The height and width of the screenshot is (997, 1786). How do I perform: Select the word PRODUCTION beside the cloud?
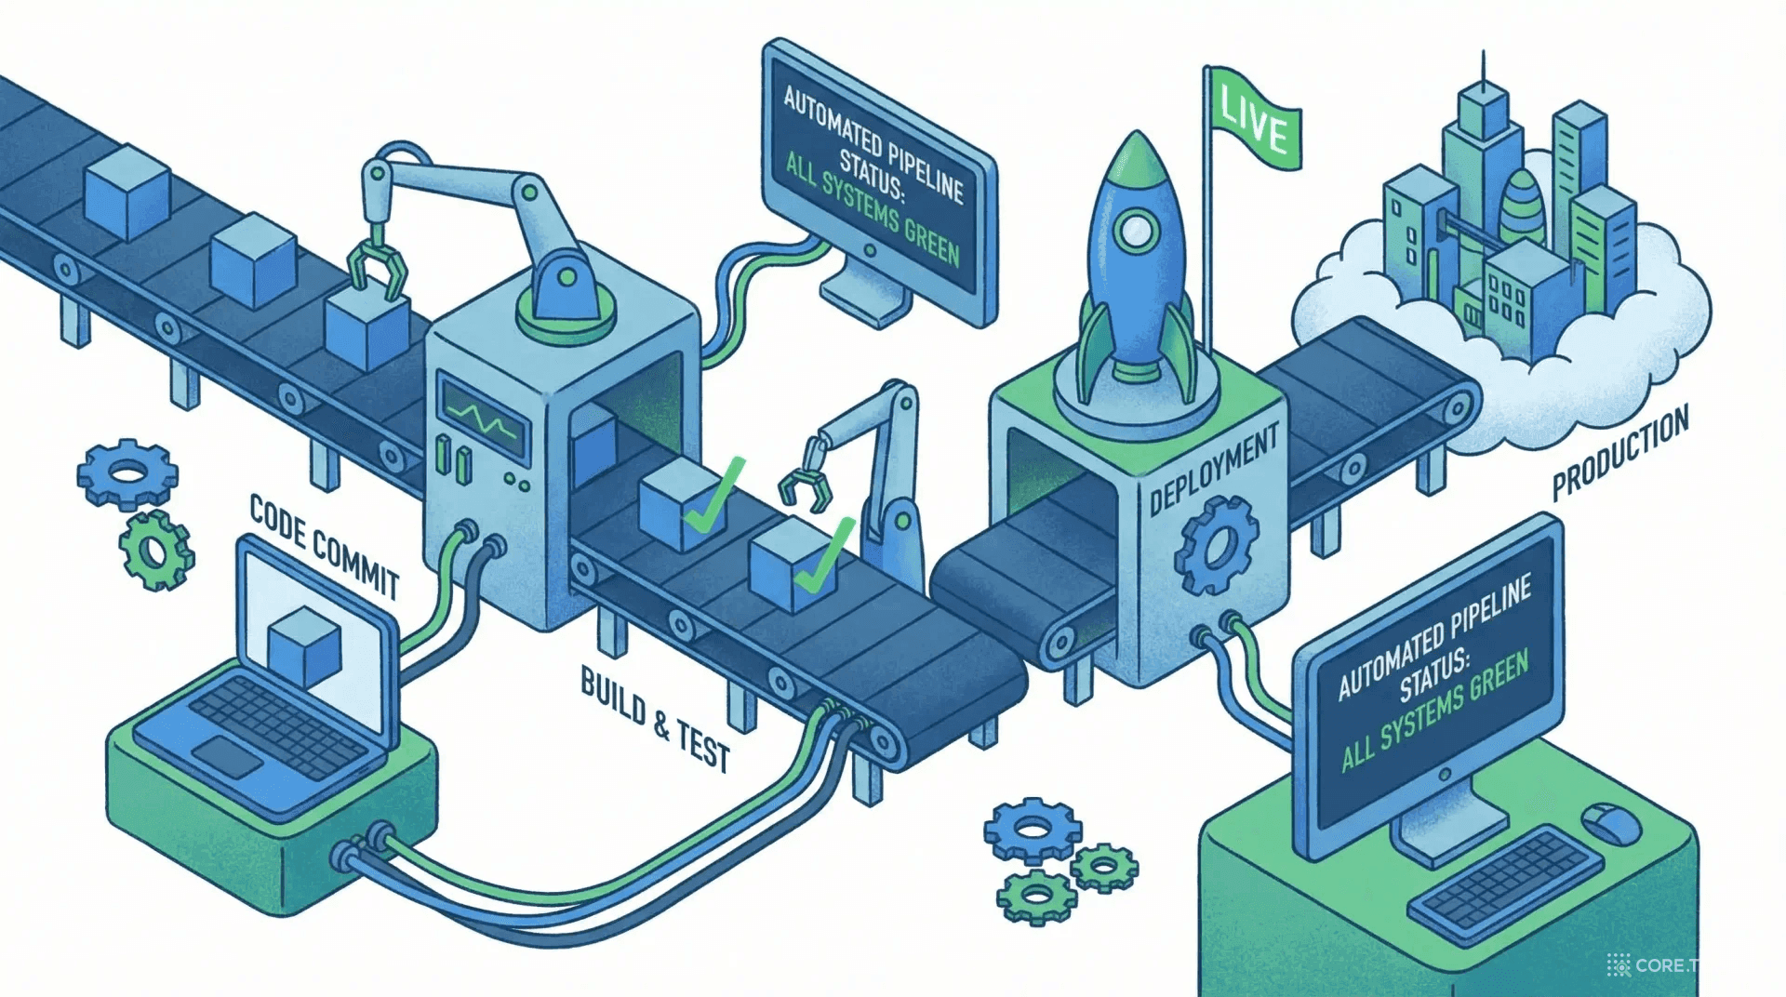click(1619, 453)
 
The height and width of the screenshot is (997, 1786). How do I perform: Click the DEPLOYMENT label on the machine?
click(1213, 472)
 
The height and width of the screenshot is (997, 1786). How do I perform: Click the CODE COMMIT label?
click(324, 547)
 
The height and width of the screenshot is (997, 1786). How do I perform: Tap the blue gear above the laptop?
click(127, 473)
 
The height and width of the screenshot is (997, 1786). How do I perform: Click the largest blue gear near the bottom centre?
click(1032, 829)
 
